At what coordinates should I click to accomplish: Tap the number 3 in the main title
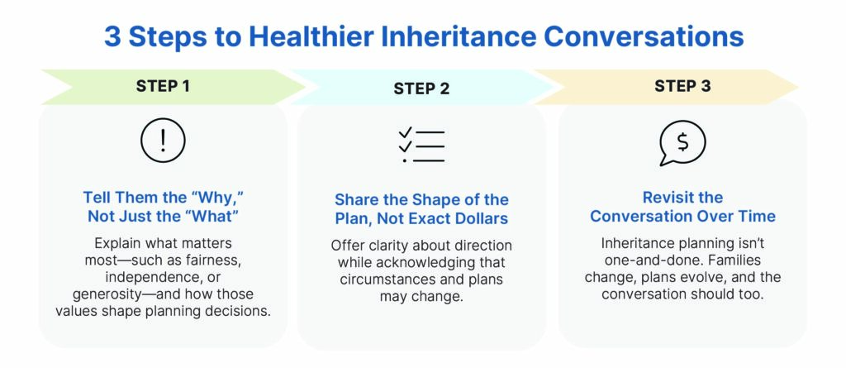pyautogui.click(x=112, y=36)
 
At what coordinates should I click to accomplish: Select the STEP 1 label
pyautogui.click(x=163, y=86)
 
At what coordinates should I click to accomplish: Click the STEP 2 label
pyautogui.click(x=421, y=88)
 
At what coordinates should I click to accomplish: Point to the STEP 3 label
pyautogui.click(x=682, y=86)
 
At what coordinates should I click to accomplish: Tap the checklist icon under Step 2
pyautogui.click(x=421, y=146)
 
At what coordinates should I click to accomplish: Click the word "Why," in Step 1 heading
pyautogui.click(x=220, y=196)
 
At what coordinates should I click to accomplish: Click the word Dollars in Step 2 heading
pyautogui.click(x=481, y=218)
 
